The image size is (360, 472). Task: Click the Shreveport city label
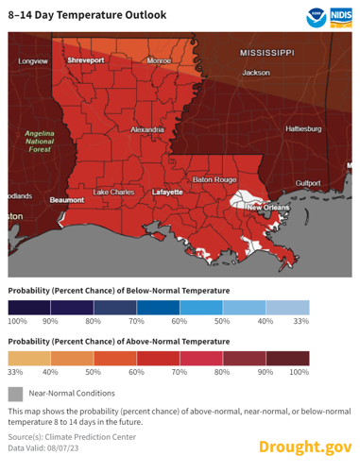click(84, 60)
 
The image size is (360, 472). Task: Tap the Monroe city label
click(159, 60)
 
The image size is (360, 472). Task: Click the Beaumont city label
click(67, 200)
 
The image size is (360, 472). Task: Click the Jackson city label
click(256, 73)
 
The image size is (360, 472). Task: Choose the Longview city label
click(33, 60)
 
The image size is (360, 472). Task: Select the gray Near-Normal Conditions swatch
click(14, 392)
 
